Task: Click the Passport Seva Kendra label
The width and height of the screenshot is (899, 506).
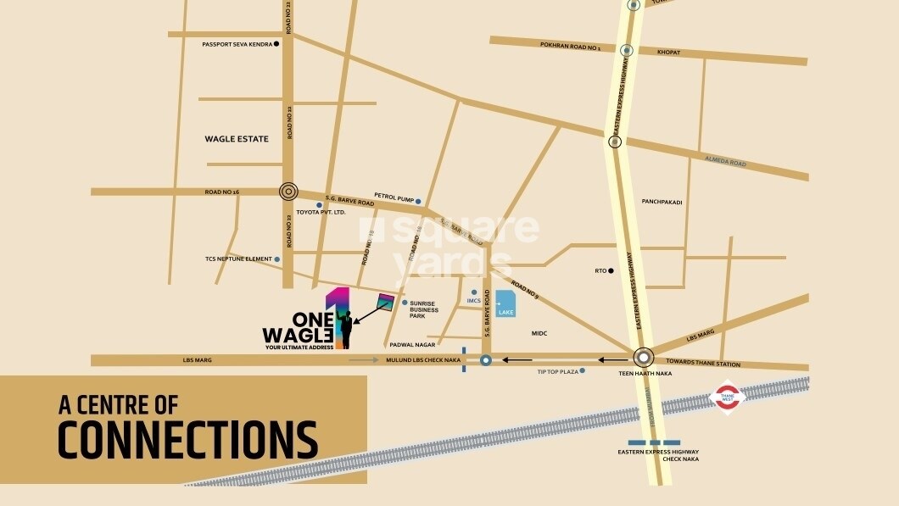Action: [x=236, y=45]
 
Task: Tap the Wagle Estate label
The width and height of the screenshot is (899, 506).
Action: [x=237, y=139]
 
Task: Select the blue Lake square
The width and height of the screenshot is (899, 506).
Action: [x=505, y=303]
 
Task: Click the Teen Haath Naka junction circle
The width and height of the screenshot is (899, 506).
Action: [x=644, y=358]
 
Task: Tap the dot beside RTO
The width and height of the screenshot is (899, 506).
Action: [x=611, y=271]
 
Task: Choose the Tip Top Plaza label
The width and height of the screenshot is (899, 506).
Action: [x=557, y=371]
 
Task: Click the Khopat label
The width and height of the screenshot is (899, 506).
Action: [x=668, y=53]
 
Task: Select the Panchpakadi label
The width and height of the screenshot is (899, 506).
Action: [x=662, y=202]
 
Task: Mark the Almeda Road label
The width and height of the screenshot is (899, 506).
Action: [x=725, y=160]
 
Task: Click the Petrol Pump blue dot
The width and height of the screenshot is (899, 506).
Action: [x=418, y=201]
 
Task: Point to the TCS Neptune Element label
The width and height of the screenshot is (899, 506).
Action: [x=237, y=259]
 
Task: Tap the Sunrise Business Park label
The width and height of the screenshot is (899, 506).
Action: [x=424, y=310]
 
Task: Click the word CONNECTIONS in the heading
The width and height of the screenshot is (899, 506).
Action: [x=187, y=440]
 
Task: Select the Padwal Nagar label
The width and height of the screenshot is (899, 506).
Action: [x=412, y=345]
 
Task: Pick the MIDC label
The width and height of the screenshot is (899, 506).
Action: [x=540, y=333]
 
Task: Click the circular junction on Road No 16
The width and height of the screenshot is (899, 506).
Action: [x=288, y=192]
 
